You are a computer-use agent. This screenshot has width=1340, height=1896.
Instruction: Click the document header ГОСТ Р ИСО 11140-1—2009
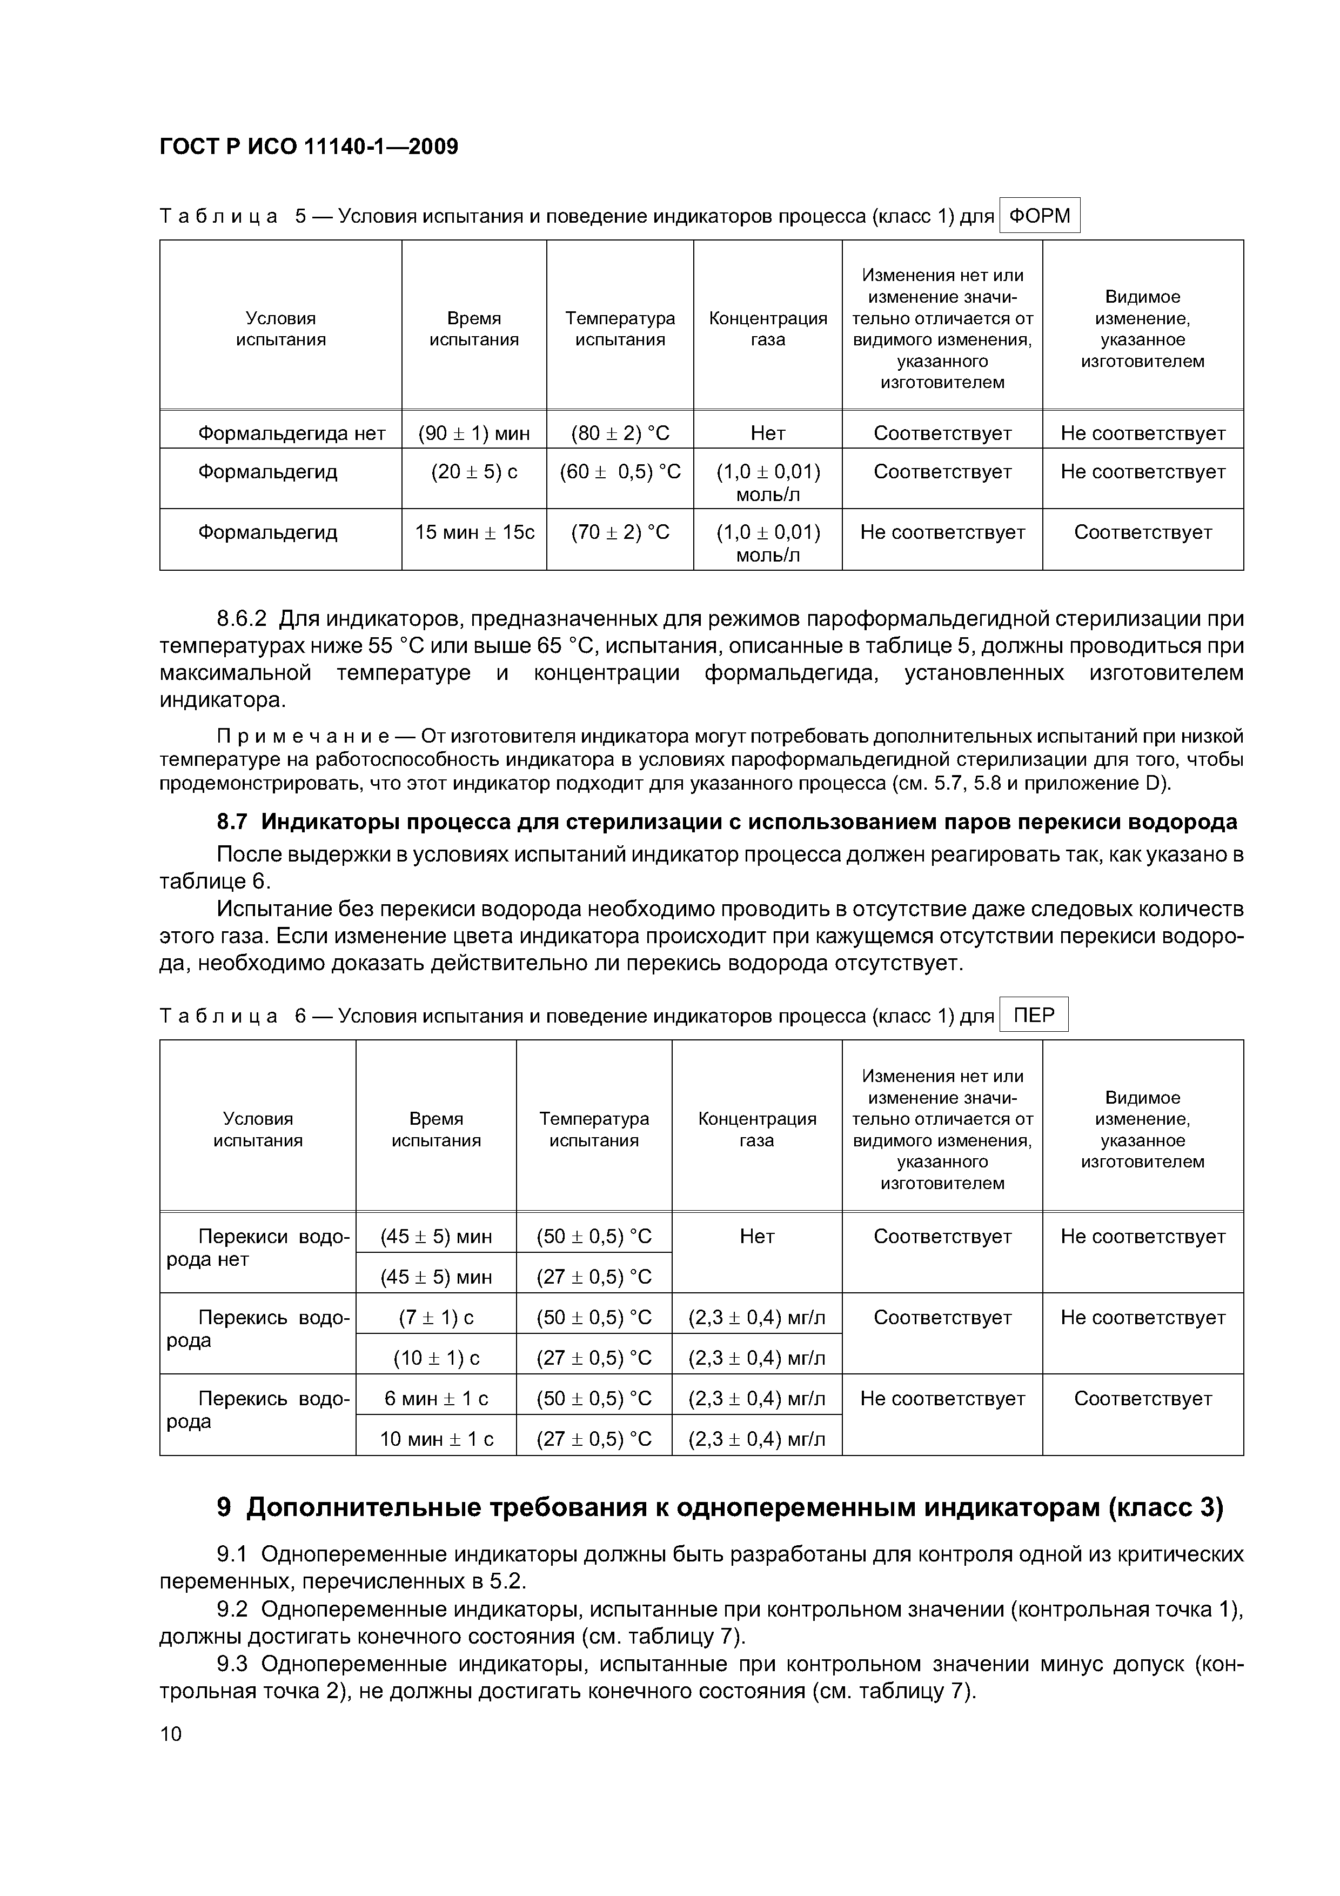309,147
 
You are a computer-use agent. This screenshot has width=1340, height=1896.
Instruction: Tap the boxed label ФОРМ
1040,216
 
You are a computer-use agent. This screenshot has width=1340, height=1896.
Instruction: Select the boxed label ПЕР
1034,1015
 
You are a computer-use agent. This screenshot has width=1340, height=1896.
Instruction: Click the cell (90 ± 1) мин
474,433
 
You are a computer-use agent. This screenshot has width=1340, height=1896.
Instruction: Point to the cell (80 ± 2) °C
620,433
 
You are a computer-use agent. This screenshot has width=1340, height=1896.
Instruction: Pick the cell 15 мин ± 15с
474,532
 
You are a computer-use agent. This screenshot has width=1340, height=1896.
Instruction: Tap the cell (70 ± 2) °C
620,532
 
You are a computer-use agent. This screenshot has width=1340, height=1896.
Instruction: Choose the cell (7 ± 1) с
436,1317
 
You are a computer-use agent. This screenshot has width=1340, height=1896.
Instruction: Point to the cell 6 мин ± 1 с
436,1398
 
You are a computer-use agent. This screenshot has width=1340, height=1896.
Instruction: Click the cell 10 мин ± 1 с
436,1439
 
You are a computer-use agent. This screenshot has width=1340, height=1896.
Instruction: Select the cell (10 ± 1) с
436,1358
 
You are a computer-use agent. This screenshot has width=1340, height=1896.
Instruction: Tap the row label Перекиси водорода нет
258,1248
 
